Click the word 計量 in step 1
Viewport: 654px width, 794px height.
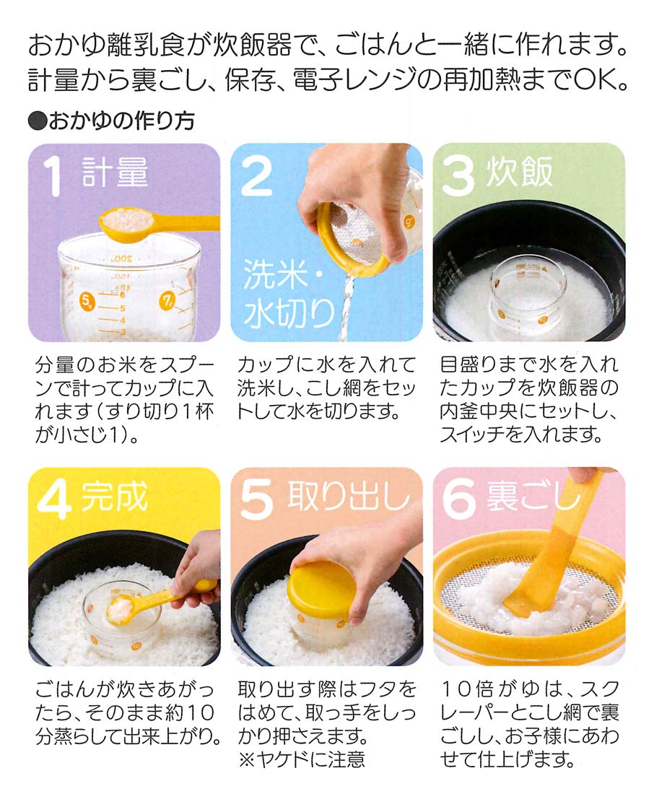pos(115,173)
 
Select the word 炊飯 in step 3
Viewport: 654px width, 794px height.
pos(520,173)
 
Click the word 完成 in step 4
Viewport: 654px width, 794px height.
pos(115,497)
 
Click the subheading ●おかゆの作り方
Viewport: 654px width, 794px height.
pos(111,121)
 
